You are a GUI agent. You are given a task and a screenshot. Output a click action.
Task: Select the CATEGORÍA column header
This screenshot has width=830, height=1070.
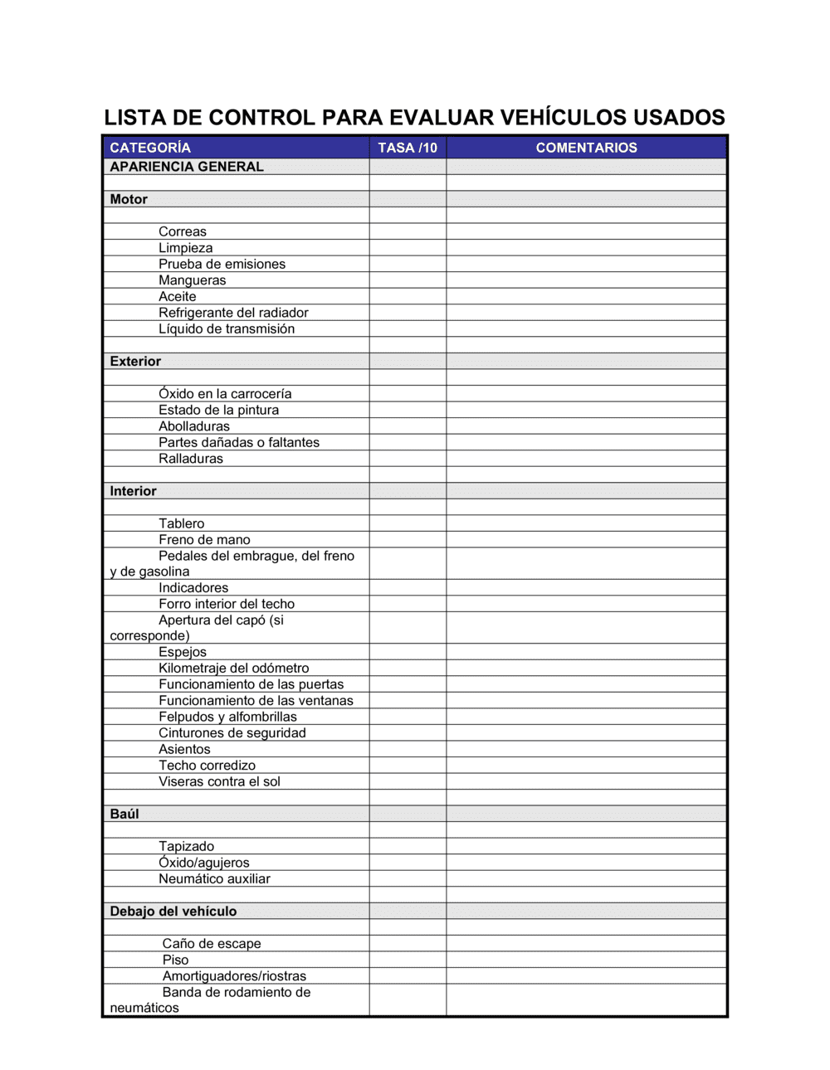pos(150,148)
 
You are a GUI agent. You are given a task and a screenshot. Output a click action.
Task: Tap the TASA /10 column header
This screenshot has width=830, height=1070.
pos(408,148)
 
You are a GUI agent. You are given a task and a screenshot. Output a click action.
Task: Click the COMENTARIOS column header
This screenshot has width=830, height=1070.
pos(586,148)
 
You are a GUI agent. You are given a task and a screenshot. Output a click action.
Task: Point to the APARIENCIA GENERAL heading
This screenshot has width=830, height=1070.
pos(187,167)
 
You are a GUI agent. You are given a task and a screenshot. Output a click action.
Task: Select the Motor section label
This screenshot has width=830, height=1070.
pos(129,199)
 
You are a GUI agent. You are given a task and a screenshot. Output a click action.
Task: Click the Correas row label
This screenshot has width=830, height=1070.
pos(183,231)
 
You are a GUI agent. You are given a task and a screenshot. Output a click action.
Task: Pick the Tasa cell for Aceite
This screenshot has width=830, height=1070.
pos(408,296)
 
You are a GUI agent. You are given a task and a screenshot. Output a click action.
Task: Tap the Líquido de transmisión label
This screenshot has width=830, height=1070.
pos(227,328)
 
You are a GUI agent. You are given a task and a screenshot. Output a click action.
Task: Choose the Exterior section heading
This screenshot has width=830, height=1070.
pos(135,361)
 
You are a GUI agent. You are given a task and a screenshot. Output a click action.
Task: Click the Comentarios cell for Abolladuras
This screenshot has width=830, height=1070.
pos(586,426)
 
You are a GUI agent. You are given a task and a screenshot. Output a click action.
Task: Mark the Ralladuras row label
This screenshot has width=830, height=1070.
pos(191,459)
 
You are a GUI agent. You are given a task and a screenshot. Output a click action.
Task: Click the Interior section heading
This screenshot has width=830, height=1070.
pos(133,491)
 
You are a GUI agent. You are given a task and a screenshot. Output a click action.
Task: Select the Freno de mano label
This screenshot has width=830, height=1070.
pos(204,540)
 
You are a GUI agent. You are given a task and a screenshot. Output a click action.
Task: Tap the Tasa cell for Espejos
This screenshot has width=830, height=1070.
pos(408,652)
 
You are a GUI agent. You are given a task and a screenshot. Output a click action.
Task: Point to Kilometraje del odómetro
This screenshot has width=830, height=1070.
pos(233,669)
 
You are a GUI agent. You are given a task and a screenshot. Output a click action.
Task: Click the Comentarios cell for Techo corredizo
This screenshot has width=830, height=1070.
pos(586,766)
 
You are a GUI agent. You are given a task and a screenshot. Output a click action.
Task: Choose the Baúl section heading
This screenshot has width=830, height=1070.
pos(124,814)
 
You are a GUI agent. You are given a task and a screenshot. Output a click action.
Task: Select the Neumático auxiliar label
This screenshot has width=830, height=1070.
pos(214,878)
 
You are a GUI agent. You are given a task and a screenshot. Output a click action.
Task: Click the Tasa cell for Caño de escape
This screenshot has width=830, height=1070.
pos(408,944)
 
